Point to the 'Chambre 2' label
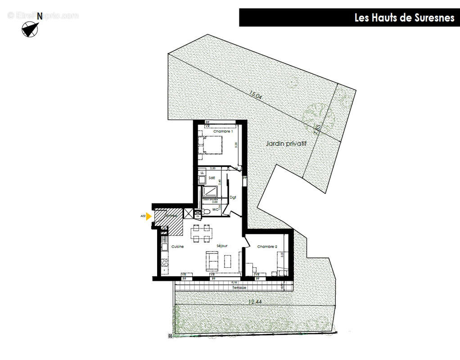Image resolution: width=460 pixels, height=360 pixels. point(267,247)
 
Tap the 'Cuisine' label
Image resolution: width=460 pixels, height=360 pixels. point(177,247)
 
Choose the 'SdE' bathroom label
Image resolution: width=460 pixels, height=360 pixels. point(211,178)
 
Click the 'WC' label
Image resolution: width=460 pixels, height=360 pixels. point(215,210)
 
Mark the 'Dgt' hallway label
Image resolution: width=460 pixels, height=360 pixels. point(233,197)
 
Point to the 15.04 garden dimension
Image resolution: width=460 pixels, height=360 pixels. point(255,95)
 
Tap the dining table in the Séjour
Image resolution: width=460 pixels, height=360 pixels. point(202,233)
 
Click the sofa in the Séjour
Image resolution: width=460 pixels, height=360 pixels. point(212,261)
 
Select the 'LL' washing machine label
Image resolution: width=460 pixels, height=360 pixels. point(202,173)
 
